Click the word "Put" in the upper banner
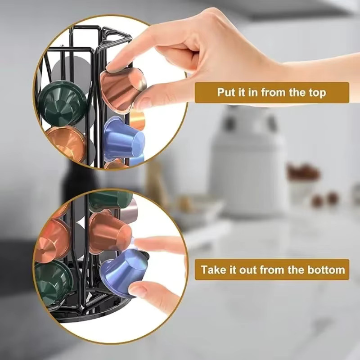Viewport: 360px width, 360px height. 226,92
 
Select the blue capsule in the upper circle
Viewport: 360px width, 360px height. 124,139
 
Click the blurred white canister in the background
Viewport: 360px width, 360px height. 248,158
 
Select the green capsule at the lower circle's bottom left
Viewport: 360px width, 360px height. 53,281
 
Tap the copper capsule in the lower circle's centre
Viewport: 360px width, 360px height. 110,231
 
